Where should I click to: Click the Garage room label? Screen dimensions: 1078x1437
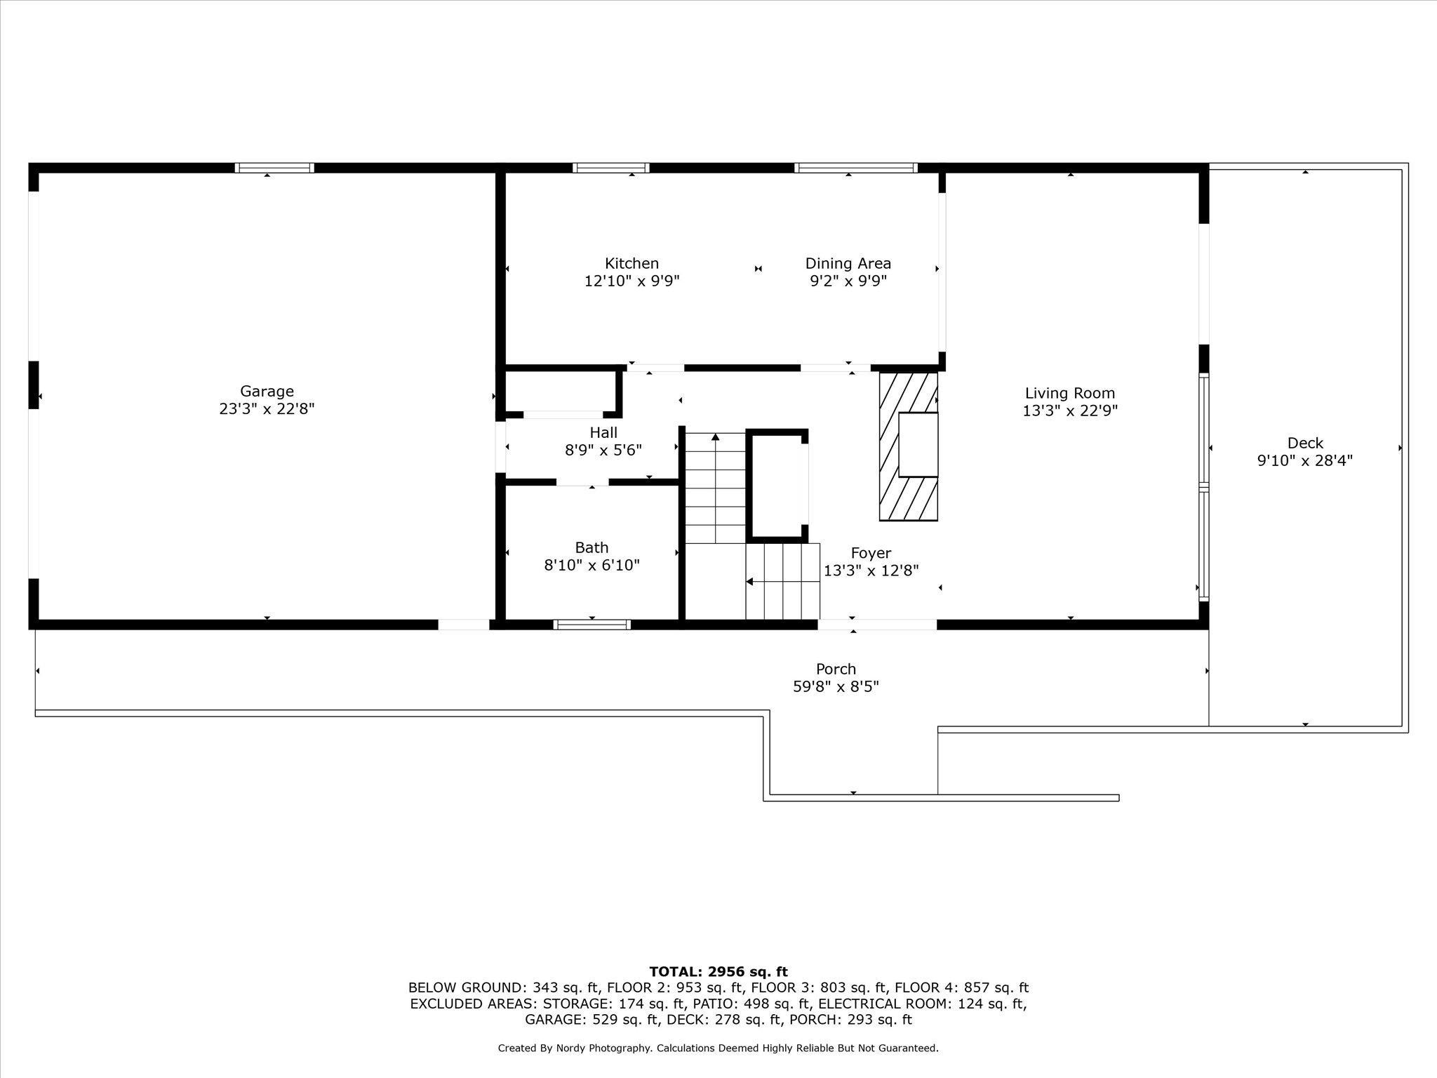click(267, 391)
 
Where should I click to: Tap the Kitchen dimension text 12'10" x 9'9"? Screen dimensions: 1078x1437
click(631, 281)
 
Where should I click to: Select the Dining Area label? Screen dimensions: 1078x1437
click(848, 263)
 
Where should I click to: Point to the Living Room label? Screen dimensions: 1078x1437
click(1069, 393)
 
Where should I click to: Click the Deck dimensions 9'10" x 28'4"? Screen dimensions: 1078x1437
click(1304, 461)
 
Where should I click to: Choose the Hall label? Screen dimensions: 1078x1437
click(603, 432)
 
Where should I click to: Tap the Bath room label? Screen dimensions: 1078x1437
click(591, 547)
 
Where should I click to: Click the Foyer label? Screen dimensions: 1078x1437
click(871, 553)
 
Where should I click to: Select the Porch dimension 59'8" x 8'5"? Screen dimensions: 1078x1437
click(836, 687)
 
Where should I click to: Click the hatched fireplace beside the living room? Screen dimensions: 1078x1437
click(908, 446)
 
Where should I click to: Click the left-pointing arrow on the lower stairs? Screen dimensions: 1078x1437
click(750, 581)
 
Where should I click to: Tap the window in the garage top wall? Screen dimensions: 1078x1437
click(274, 168)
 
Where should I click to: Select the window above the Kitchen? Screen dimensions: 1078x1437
click(610, 168)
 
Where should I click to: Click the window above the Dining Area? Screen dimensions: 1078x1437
click(855, 168)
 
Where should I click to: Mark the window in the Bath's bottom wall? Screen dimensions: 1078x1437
click(591, 625)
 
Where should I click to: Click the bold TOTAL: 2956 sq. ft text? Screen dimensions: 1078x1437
click(718, 972)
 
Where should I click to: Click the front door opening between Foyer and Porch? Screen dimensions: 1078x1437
click(877, 625)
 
